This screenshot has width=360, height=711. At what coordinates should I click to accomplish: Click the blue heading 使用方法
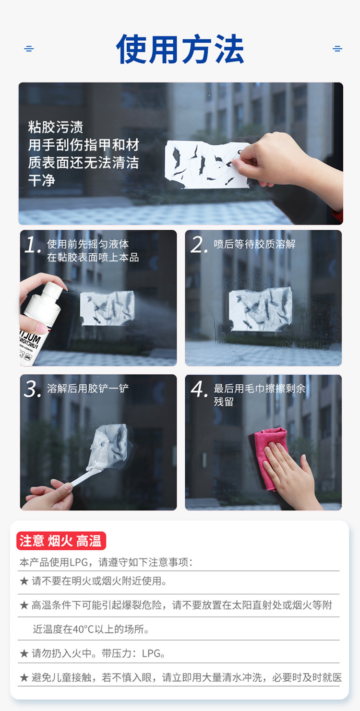pyautogui.click(x=180, y=49)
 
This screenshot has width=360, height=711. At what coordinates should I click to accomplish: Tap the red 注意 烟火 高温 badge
pyautogui.click(x=61, y=541)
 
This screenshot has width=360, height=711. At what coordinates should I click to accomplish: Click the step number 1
pyautogui.click(x=33, y=245)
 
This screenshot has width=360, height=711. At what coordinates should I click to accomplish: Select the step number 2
pyautogui.click(x=199, y=245)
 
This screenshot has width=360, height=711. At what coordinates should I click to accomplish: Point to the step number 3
pyautogui.click(x=32, y=389)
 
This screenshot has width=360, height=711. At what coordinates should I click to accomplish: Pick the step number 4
pyautogui.click(x=199, y=389)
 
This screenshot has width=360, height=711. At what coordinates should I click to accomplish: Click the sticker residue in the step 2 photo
pyautogui.click(x=260, y=309)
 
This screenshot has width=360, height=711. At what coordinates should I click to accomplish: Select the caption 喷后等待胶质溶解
pyautogui.click(x=254, y=244)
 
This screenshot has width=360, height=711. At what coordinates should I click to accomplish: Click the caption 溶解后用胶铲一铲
pyautogui.click(x=88, y=388)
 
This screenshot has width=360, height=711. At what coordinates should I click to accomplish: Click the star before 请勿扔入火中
pyautogui.click(x=24, y=653)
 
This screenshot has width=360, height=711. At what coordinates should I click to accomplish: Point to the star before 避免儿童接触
pyautogui.click(x=24, y=678)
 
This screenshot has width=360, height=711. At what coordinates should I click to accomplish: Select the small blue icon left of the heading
pyautogui.click(x=29, y=48)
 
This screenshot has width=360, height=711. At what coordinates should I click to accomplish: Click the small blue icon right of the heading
pyautogui.click(x=337, y=48)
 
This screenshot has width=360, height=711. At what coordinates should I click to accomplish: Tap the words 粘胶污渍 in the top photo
pyautogui.click(x=56, y=127)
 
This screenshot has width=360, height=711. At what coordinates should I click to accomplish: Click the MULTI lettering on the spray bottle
pyautogui.click(x=31, y=338)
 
